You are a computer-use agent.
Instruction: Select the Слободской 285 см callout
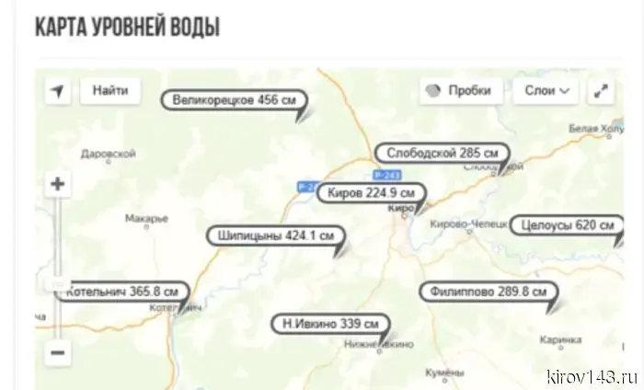coord(443,153)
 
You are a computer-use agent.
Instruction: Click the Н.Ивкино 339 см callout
coord(329,324)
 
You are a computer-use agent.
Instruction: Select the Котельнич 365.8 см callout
coord(119,292)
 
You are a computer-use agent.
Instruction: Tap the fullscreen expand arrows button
coord(601,91)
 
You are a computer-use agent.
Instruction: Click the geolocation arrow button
coord(58,91)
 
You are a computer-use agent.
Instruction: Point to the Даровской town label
coord(109,154)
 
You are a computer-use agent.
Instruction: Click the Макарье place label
coord(146,218)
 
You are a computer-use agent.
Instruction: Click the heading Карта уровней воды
coord(127,26)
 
